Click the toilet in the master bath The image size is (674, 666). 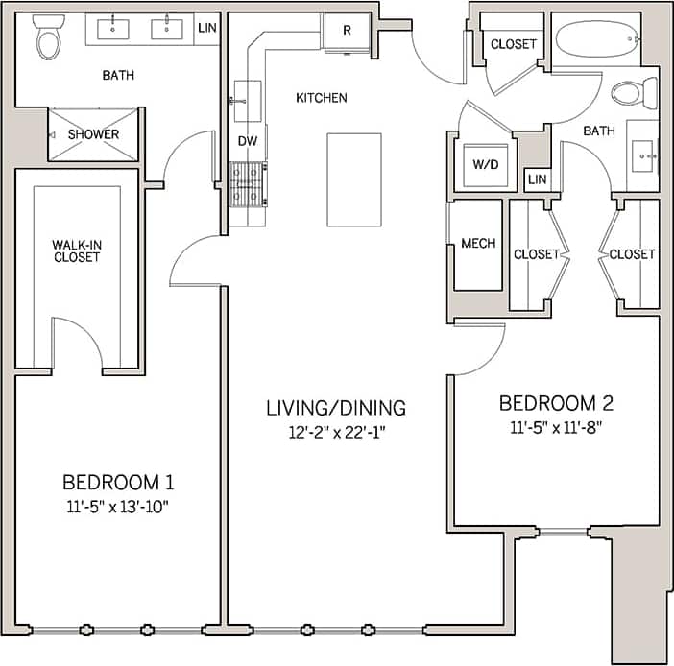[47, 39]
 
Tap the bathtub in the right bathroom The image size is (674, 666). [596, 39]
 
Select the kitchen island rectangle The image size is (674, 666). [353, 179]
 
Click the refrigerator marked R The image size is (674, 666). [347, 30]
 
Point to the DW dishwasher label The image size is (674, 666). [248, 141]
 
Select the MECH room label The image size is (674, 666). [478, 244]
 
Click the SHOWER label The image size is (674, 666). [94, 134]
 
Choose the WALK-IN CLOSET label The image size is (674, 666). [77, 250]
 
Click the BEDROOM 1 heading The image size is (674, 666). [118, 481]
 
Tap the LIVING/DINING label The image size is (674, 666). [336, 408]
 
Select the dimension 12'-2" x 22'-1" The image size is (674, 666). [336, 433]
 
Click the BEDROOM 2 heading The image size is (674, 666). [556, 402]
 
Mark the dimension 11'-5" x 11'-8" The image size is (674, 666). [556, 426]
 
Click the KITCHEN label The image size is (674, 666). [321, 98]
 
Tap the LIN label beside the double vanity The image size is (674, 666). [207, 29]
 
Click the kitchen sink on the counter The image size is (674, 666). [245, 96]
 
